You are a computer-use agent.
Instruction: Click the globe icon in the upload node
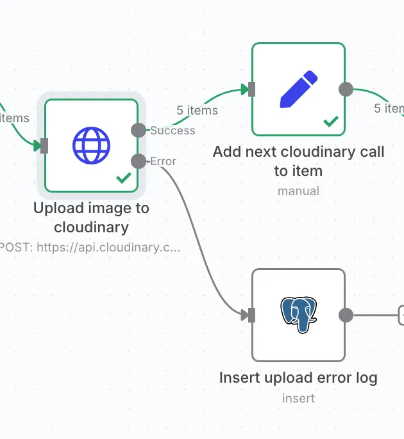tap(91, 145)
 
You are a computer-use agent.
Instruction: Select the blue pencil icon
tap(298, 90)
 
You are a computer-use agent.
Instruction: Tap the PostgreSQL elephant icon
tap(299, 314)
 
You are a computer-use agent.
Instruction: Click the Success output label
tap(173, 131)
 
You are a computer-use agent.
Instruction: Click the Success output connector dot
tap(139, 131)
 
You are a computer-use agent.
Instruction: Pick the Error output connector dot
tap(139, 161)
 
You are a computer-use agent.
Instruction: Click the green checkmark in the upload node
tap(123, 178)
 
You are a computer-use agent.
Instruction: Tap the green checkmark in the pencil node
tap(331, 121)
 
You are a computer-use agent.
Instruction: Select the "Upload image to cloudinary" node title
tap(91, 218)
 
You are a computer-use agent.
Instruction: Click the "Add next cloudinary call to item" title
tap(298, 161)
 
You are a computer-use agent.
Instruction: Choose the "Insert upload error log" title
tap(298, 378)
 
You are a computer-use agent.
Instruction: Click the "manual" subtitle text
tap(298, 191)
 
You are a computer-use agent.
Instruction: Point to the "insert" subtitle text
tap(298, 398)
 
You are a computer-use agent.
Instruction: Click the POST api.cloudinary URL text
tap(90, 247)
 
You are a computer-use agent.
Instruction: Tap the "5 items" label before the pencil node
tap(197, 110)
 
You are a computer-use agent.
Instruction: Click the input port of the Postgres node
tap(251, 315)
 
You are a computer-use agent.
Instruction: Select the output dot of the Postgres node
tap(346, 315)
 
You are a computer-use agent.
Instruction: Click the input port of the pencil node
tap(251, 90)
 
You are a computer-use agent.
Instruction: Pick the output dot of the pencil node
tap(346, 90)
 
